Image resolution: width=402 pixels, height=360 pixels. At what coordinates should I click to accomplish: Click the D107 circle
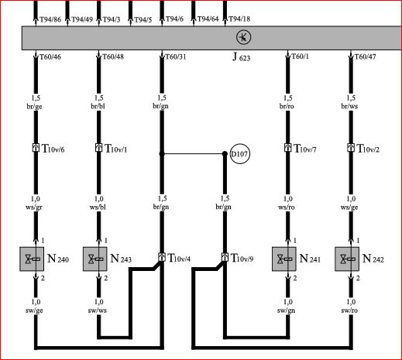coord(240,154)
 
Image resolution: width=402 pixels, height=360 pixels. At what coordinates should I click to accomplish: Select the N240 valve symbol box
coord(32,259)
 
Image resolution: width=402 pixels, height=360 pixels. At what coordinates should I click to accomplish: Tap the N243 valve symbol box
coord(94,259)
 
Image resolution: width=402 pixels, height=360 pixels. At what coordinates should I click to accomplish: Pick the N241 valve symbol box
coord(284,259)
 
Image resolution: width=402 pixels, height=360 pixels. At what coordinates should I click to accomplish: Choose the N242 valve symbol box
coord(347,259)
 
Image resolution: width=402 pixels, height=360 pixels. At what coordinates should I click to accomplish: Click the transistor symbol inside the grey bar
coord(243,37)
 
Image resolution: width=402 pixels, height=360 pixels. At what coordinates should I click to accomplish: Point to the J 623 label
coord(241,57)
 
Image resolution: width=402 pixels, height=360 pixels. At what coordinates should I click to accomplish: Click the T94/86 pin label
coord(50,19)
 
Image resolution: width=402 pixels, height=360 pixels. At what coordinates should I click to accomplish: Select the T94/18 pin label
coord(239,19)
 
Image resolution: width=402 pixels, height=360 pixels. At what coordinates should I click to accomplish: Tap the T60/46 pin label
coord(50,57)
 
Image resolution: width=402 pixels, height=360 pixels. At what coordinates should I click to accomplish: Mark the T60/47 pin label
coord(365,57)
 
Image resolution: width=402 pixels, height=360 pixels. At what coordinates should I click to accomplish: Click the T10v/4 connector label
coord(179,258)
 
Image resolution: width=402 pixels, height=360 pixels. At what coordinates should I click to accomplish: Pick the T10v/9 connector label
coord(242,258)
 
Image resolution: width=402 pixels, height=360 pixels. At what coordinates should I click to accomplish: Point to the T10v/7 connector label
coord(305,149)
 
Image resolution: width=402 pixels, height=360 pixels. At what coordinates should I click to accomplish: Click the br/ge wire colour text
coord(34,106)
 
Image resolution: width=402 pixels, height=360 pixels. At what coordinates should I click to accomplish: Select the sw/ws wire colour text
coord(97,310)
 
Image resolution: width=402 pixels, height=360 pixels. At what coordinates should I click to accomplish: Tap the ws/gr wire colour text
coord(34,207)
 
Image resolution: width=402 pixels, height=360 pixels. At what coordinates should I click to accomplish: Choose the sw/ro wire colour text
coord(349,310)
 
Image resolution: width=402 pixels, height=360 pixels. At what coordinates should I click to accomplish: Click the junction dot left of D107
coord(162,154)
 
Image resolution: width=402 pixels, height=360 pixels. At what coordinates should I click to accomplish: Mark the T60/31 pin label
coord(176,57)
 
